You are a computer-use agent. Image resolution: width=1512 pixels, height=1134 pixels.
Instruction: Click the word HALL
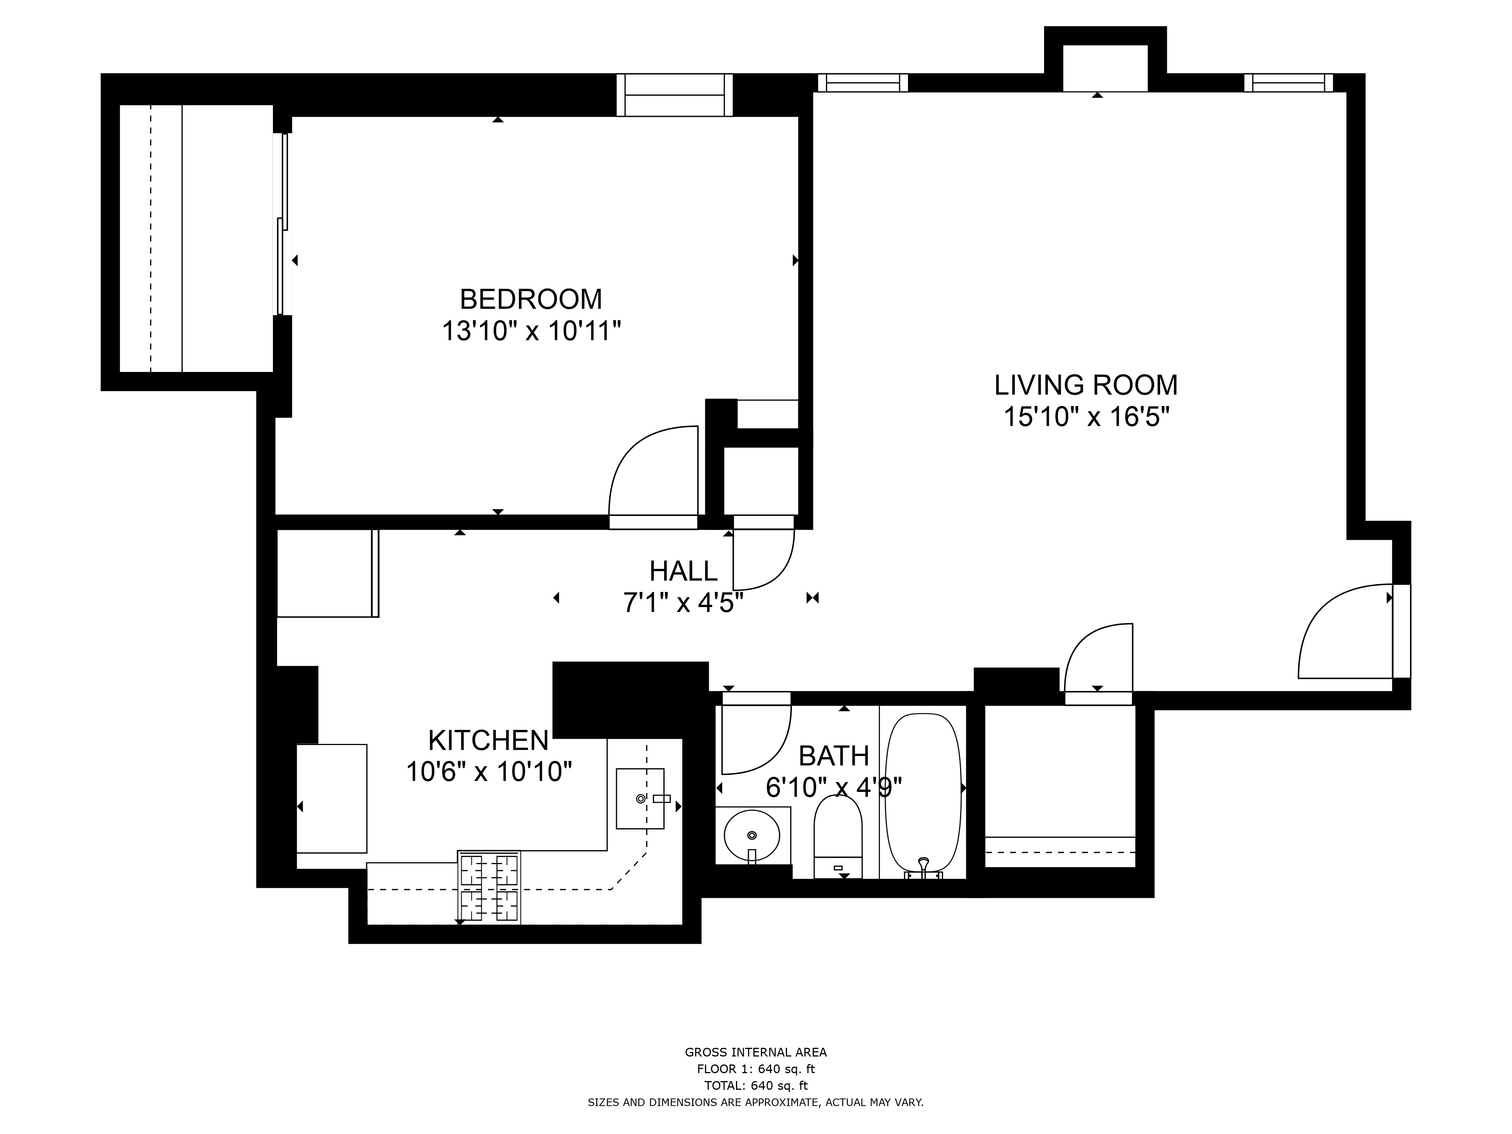pyautogui.click(x=683, y=571)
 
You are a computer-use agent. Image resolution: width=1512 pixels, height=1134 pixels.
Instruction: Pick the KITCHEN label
pyautogui.click(x=488, y=740)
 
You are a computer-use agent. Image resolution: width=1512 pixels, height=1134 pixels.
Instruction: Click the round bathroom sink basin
pyautogui.click(x=752, y=835)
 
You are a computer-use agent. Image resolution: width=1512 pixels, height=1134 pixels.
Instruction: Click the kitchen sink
pyautogui.click(x=640, y=798)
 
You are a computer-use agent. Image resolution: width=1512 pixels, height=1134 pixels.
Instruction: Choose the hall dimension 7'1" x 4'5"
pyautogui.click(x=683, y=603)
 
